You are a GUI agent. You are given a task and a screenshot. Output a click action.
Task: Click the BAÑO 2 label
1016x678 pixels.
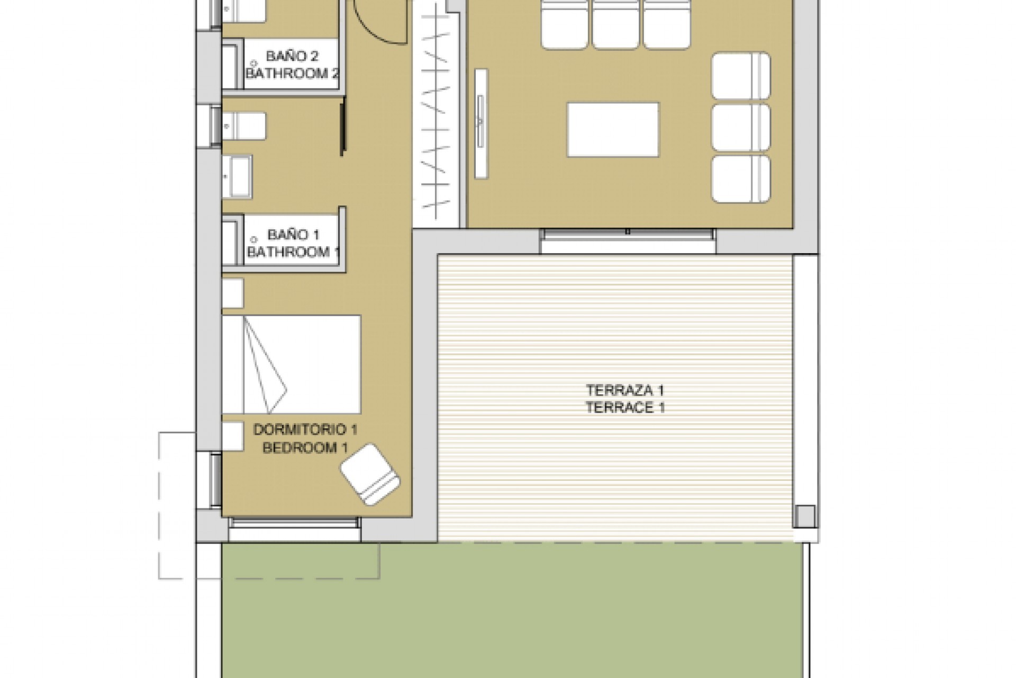tap(288, 56)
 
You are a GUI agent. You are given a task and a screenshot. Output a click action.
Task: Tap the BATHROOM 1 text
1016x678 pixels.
tap(293, 252)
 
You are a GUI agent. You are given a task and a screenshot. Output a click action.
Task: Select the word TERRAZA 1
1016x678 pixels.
tap(625, 390)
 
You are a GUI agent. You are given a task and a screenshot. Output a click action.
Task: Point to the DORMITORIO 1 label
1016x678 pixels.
tap(306, 430)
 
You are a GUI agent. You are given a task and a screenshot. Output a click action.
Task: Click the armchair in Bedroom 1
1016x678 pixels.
tap(370, 474)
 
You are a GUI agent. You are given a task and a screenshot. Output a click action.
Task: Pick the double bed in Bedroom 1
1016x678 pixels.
tap(291, 364)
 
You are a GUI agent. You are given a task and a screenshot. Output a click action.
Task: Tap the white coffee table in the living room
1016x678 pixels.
tap(613, 130)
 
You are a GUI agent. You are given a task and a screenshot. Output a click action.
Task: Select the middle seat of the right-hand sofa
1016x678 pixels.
tap(741, 128)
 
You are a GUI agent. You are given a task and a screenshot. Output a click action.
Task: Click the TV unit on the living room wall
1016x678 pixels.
tap(481, 123)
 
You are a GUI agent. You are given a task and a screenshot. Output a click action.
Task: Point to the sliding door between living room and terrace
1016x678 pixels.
tap(628, 234)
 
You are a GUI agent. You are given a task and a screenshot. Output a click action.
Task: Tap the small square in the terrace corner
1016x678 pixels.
tap(805, 516)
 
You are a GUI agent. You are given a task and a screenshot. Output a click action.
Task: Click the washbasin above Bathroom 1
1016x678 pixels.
tap(237, 177)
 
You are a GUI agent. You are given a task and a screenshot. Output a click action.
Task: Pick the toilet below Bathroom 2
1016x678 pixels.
tap(243, 126)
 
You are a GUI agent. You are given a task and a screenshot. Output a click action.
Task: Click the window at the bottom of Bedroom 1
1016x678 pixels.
tap(295, 523)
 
